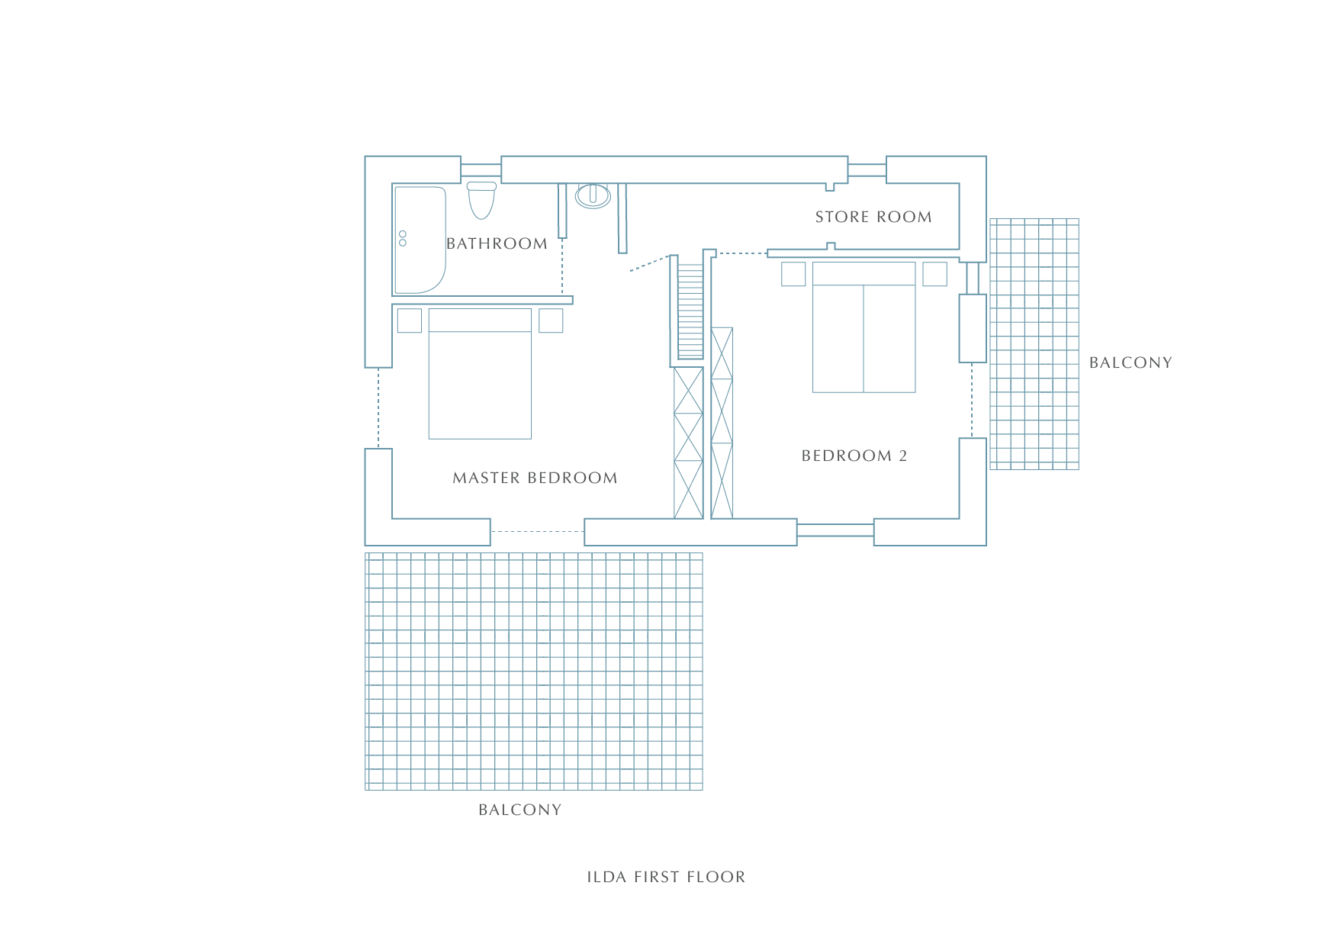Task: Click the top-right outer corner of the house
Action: tap(986, 156)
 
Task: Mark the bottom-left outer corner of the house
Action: tap(365, 545)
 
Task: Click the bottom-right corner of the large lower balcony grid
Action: tap(702, 789)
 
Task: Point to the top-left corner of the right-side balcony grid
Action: tap(990, 219)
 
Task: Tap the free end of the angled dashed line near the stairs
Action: tap(630, 271)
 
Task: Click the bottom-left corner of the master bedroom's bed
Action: tap(429, 439)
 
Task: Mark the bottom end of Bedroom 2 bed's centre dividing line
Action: tap(864, 392)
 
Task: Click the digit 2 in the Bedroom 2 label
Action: tap(903, 456)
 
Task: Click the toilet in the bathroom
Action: tap(481, 200)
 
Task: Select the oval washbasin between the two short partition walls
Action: tap(593, 195)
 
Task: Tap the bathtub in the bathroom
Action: tap(420, 240)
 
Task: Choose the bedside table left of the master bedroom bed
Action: tap(410, 320)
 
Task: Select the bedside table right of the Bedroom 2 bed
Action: tap(934, 274)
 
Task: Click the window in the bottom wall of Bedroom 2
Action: tap(835, 530)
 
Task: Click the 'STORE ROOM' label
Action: tap(873, 217)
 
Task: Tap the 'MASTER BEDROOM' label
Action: tap(535, 478)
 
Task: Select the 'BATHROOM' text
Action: tap(497, 244)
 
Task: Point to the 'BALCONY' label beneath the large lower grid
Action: tap(519, 810)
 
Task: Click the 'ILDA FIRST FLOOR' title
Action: tap(666, 878)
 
